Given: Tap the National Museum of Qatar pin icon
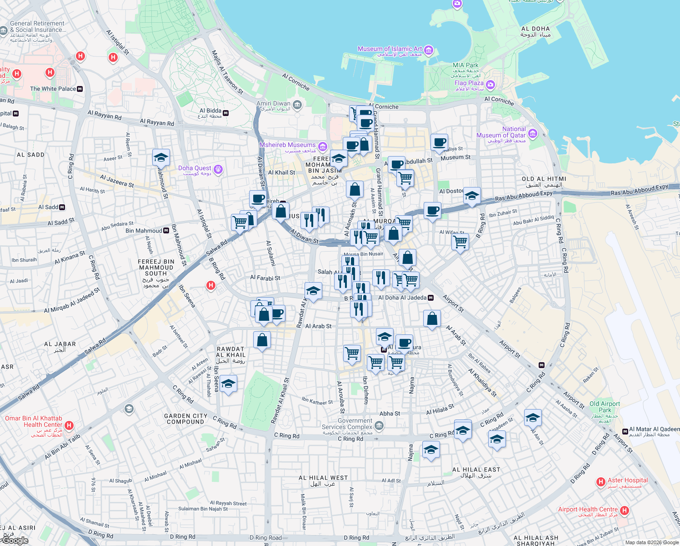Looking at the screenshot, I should coord(533,134).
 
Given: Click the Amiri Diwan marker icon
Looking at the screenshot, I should coord(297,105).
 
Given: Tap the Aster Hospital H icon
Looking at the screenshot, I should coord(600,481).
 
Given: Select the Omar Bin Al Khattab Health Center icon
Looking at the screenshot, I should coord(69,425).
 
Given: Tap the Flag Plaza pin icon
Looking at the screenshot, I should coord(490,85).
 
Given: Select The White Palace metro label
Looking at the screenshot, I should coord(53,89).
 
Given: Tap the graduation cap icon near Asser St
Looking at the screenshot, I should coord(161,157).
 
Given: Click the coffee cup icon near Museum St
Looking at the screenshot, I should coord(439,142).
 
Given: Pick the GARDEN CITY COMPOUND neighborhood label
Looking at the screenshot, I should coord(185,419).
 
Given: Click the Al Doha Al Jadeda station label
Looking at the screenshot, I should coord(402,298).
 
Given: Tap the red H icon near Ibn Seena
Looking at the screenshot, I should coord(210,285).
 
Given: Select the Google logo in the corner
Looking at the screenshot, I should coord(15,541).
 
